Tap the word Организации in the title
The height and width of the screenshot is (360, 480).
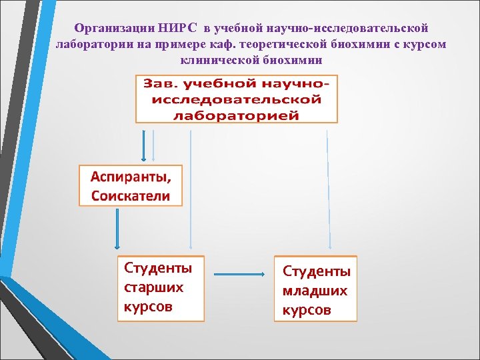[x=115, y=29]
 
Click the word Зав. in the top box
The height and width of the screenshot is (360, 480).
[x=157, y=85]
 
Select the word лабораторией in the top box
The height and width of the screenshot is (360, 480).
[x=237, y=115]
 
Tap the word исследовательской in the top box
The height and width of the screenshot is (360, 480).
[x=237, y=100]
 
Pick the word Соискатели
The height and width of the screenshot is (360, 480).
[x=131, y=196]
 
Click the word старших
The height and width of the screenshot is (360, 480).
[x=153, y=287]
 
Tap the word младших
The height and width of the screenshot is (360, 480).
[x=315, y=291]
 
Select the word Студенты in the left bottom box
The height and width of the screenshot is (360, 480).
[x=158, y=268]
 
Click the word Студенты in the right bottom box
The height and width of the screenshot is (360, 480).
[x=317, y=271]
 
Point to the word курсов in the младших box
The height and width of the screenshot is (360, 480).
[x=306, y=311]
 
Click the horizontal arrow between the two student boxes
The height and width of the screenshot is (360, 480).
[x=239, y=273]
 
